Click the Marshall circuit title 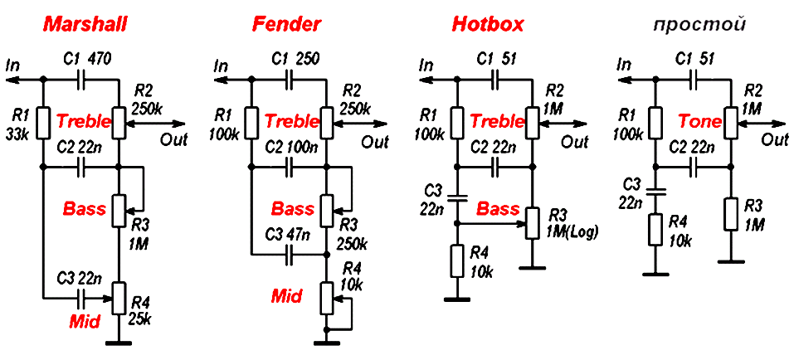coord(85,24)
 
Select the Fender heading coord(286,24)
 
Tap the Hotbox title coord(488,24)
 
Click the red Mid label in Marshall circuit coord(84,320)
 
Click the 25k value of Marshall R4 coord(139,318)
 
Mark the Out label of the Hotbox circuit coord(575,142)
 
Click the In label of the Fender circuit coord(221,66)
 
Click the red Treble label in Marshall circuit coord(84,121)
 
